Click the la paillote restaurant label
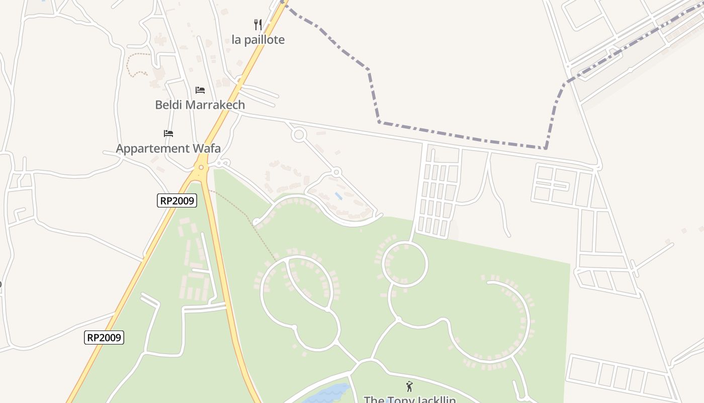tap(258, 40)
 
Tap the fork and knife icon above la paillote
tap(258, 24)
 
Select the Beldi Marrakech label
tap(200, 105)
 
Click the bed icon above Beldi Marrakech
tap(200, 90)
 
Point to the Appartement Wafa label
tap(168, 149)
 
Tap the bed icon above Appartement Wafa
tap(168, 133)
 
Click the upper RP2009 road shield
tap(177, 200)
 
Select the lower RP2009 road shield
tap(104, 338)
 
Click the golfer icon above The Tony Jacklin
tap(409, 386)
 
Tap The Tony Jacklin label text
tap(410, 400)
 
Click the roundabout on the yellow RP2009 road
tap(201, 167)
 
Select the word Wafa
tap(206, 149)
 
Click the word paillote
tap(265, 40)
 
